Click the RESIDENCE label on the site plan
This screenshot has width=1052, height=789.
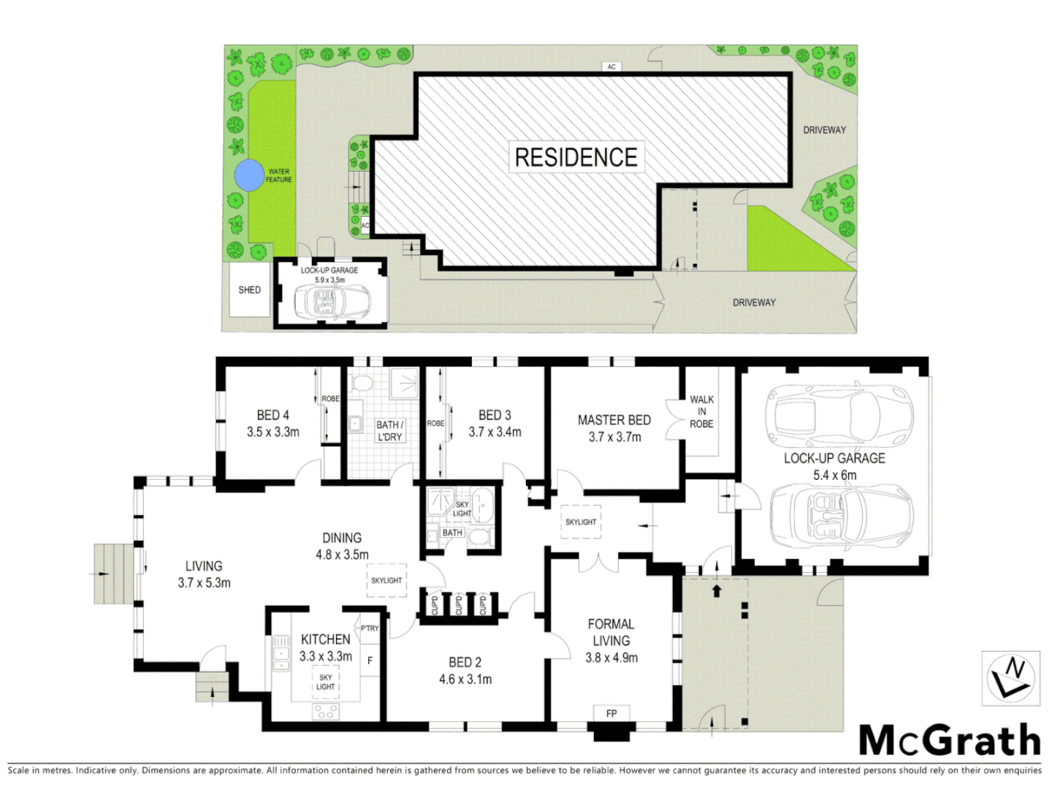click(x=576, y=157)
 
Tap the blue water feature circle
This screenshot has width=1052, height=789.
click(x=249, y=175)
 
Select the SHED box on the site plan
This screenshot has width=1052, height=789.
click(x=249, y=290)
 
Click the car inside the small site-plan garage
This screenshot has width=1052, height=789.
click(x=331, y=302)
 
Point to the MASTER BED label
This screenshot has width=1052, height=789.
click(x=614, y=420)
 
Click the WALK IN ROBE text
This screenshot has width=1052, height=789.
click(x=701, y=411)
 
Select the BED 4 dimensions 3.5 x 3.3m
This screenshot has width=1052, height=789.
click(x=272, y=432)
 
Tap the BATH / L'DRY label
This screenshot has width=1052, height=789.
click(x=389, y=430)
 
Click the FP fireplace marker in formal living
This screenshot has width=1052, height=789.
click(x=611, y=713)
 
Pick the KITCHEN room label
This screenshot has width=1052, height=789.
click(x=325, y=639)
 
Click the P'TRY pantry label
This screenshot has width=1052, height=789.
click(x=370, y=628)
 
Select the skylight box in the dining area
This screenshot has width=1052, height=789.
click(x=386, y=581)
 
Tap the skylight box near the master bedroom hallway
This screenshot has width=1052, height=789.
click(x=581, y=522)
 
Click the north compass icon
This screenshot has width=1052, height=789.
click(x=1010, y=678)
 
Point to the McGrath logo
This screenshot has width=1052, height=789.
click(x=949, y=741)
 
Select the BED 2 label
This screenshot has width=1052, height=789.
click(x=465, y=662)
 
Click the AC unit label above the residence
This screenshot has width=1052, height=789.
click(x=611, y=66)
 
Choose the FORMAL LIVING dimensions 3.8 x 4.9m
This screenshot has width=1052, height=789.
click(x=611, y=657)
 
